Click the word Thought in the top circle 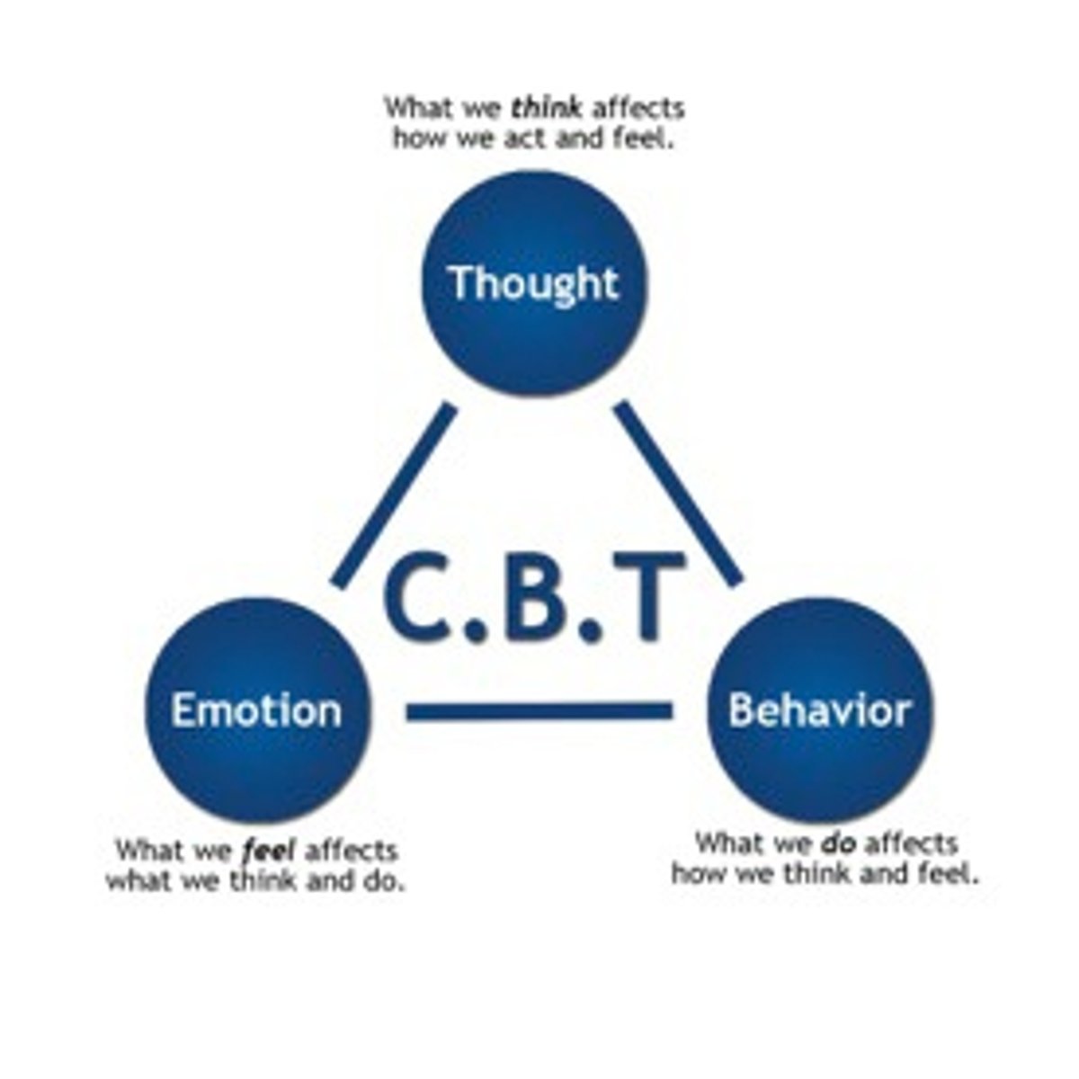[x=534, y=282]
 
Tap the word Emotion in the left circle [x=256, y=710]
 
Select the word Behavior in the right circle [x=820, y=710]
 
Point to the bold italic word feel [x=270, y=850]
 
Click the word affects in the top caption [x=638, y=109]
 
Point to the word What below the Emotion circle [x=149, y=850]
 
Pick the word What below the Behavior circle [x=728, y=843]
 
